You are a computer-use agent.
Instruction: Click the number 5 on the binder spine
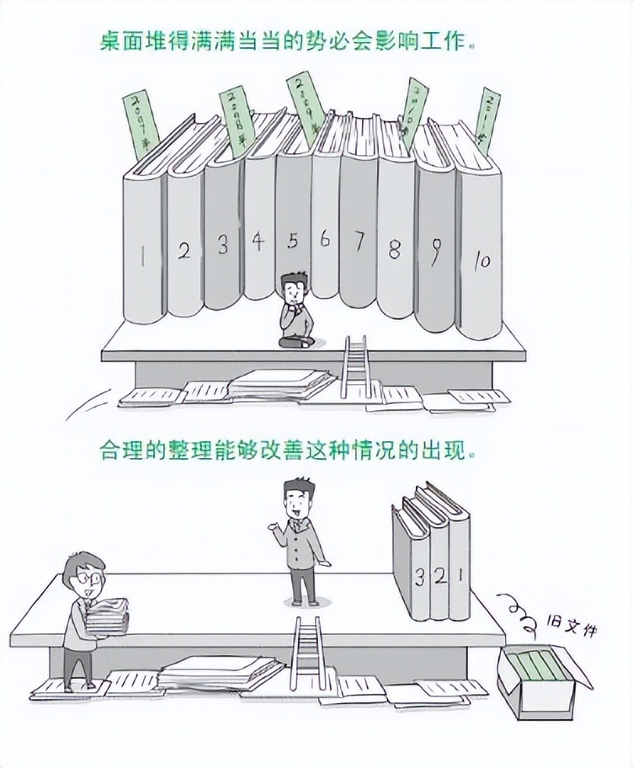tap(292, 242)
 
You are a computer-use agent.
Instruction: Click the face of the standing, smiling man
tap(295, 502)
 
